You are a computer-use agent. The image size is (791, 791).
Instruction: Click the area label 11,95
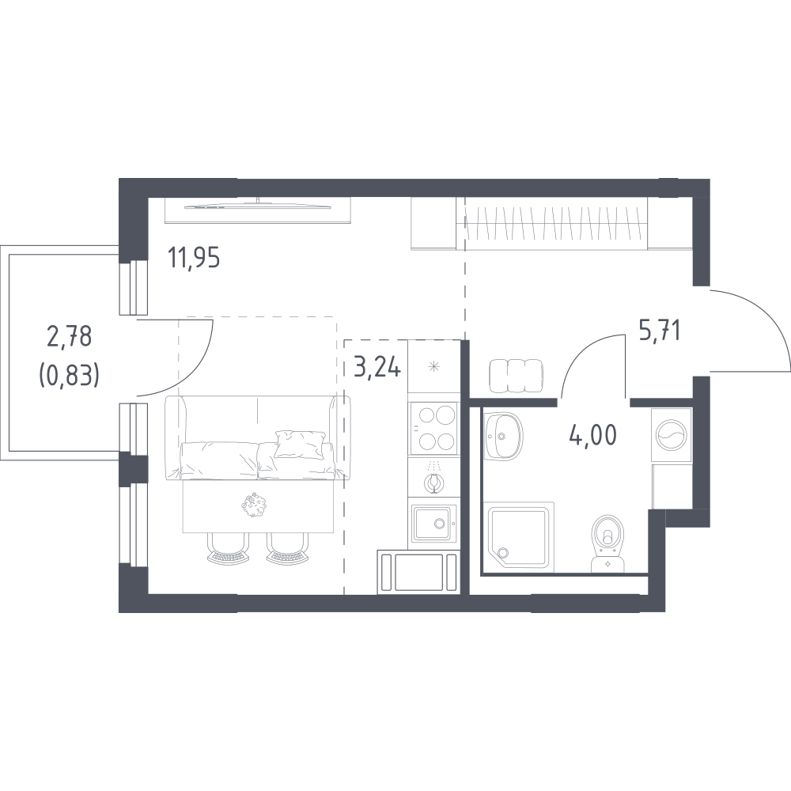tap(194, 259)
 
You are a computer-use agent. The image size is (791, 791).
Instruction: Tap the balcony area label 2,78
tap(69, 336)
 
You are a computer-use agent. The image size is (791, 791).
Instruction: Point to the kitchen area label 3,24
tap(377, 367)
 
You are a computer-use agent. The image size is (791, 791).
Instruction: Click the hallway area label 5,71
tap(660, 331)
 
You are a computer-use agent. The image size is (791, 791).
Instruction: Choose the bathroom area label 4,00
tap(592, 435)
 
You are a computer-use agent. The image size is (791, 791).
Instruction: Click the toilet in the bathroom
tap(607, 543)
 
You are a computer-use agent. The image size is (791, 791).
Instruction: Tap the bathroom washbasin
tap(502, 436)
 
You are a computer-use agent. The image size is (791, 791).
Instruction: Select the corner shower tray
tap(519, 537)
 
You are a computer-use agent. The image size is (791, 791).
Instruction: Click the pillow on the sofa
tap(299, 444)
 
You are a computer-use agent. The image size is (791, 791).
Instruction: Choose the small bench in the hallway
tap(516, 375)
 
